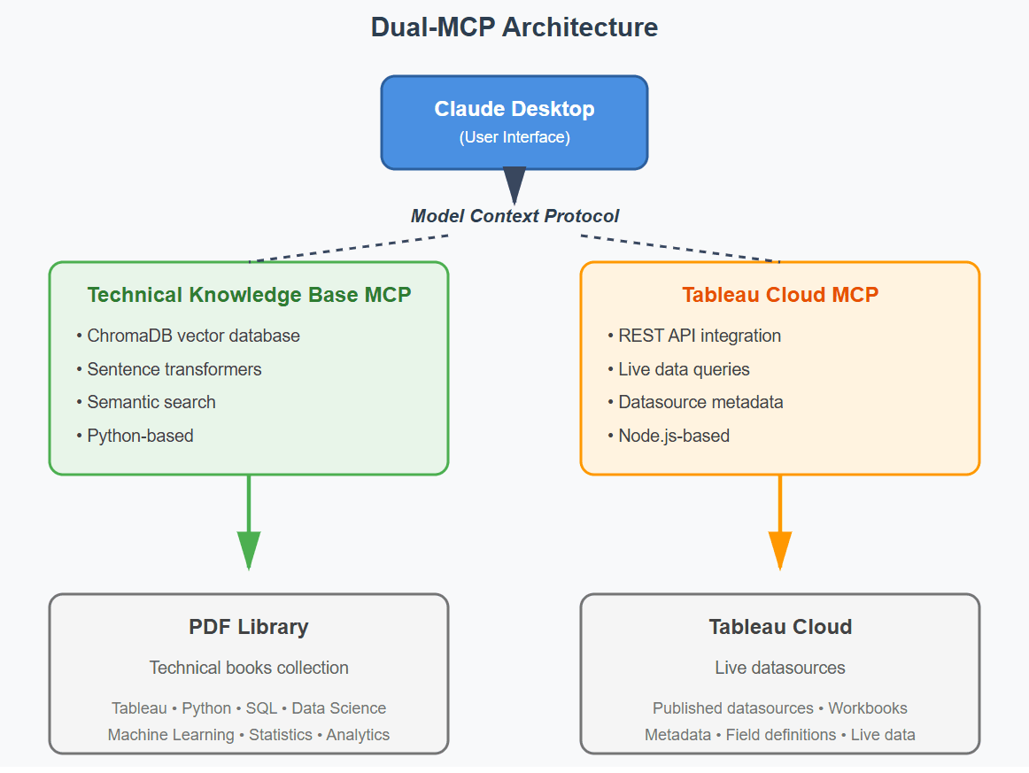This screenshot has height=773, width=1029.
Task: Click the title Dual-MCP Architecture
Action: pyautogui.click(x=514, y=27)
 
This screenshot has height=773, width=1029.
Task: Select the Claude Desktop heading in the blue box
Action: pyautogui.click(x=514, y=109)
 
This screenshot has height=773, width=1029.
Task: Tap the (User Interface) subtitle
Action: pyautogui.click(x=514, y=137)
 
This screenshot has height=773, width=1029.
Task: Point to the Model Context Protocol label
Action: pyautogui.click(x=514, y=216)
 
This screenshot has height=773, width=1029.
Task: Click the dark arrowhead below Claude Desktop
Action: pyautogui.click(x=514, y=184)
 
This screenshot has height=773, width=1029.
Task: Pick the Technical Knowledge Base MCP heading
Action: pyautogui.click(x=249, y=295)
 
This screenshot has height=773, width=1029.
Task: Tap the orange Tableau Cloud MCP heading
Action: pyautogui.click(x=779, y=295)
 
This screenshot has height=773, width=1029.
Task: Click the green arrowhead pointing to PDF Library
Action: pyautogui.click(x=249, y=549)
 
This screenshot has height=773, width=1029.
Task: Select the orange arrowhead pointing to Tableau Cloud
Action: pyautogui.click(x=779, y=549)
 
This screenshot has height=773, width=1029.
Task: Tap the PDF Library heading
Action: pyautogui.click(x=249, y=627)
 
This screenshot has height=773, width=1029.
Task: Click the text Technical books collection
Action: pyautogui.click(x=249, y=668)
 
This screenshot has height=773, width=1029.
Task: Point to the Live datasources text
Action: pyautogui.click(x=779, y=668)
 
